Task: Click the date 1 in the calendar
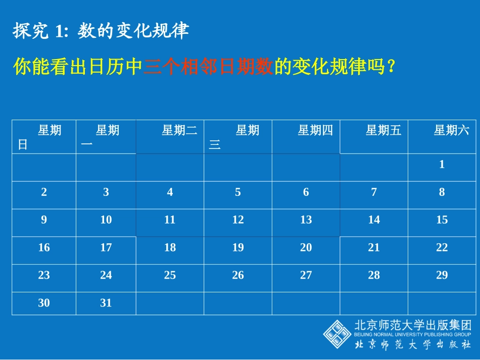pos(442,165)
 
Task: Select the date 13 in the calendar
pos(306,220)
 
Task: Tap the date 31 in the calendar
pos(106,303)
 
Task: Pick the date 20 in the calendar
pos(306,248)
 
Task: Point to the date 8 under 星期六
pos(442,192)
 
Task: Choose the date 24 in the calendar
pos(106,276)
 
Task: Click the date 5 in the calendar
pos(238,192)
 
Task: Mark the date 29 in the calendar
pos(442,276)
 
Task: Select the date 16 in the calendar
pos(44,248)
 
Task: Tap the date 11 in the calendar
pos(170,220)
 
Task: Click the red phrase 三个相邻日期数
pos(208,67)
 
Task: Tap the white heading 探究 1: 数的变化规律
pos(101,32)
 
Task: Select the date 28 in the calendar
pos(374,276)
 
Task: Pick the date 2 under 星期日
pos(44,192)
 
